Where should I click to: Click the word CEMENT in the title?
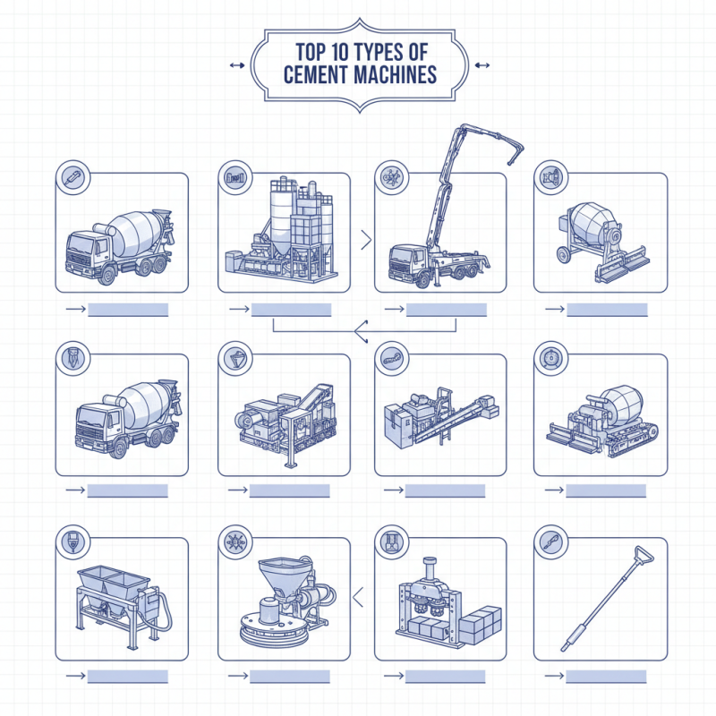coord(313,74)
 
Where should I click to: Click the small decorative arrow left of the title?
coord(236,64)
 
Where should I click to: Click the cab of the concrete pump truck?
coord(405,262)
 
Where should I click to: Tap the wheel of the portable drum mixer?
coord(565,256)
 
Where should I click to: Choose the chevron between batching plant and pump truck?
coord(365,239)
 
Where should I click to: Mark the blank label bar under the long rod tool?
coord(606,677)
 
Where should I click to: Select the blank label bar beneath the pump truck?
coord(447,310)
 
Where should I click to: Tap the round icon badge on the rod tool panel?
coord(550,541)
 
